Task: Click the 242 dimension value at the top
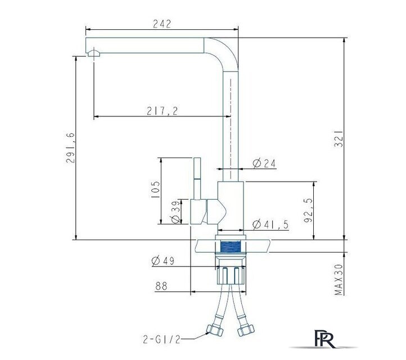pos(162,24)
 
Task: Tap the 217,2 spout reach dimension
pos(163,111)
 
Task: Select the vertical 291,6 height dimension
pos(70,147)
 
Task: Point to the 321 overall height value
pos(339,138)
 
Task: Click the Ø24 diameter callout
pos(264,163)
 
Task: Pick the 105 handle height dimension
pos(155,190)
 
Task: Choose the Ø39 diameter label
pos(175,211)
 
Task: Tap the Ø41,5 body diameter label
pos(270,224)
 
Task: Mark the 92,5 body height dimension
pos(308,210)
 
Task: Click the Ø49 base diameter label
pos(163,260)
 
